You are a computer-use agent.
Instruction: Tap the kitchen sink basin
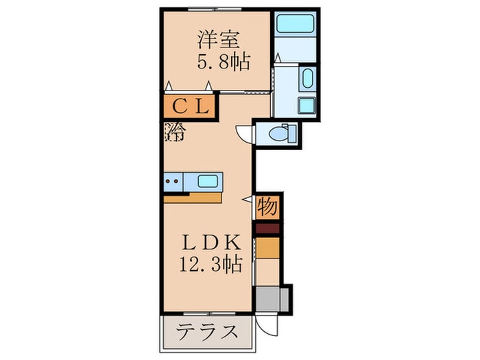[x=208, y=182]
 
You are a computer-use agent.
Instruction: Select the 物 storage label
[x=267, y=205]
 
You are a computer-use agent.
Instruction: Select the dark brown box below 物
[x=268, y=228]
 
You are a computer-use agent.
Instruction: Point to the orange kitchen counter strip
[x=193, y=198]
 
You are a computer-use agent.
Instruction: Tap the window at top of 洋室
[x=214, y=8]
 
